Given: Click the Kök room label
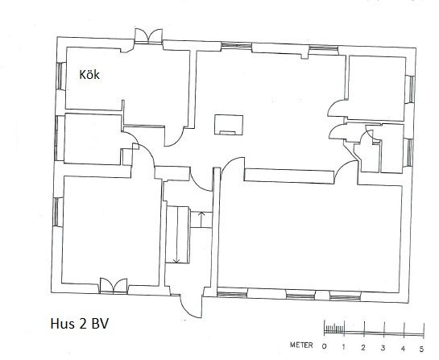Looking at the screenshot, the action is point(89,75).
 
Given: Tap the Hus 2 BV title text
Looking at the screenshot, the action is point(80,324).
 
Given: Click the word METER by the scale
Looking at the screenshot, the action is point(301,346).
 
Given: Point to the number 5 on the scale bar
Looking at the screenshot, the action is point(421,349).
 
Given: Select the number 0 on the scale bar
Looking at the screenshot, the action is point(324,346).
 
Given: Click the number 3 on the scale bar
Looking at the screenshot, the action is point(383,348).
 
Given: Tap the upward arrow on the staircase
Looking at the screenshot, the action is point(201,220).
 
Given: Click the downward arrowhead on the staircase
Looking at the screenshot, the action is point(176,261).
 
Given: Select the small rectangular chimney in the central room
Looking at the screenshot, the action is point(229,125).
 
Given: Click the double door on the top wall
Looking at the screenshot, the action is point(148,35).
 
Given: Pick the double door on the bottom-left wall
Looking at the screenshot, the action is point(114,286).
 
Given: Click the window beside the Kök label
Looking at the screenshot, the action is point(60,77).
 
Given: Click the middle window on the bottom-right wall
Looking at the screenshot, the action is point(300,296).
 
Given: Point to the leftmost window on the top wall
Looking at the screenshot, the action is point(236,46).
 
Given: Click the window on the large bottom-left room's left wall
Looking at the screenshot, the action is point(56,212).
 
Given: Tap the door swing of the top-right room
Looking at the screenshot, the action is point(337,108).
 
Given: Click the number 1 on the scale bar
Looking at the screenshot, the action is point(343,347).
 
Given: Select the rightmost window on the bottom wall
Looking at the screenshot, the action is point(346,296).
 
